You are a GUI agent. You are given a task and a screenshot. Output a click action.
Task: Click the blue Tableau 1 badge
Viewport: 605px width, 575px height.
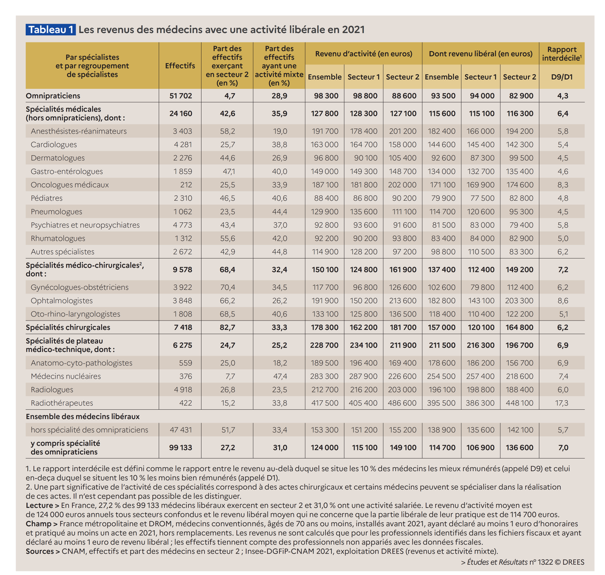point(50,30)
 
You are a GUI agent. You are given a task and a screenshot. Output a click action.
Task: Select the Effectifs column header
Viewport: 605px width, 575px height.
point(180,66)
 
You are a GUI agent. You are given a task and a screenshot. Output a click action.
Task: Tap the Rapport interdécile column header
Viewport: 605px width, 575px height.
point(562,54)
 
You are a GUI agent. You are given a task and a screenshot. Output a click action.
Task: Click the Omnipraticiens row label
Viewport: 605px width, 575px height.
point(53,95)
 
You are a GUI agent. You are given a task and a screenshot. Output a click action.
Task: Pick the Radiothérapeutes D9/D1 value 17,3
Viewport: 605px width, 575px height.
point(563,403)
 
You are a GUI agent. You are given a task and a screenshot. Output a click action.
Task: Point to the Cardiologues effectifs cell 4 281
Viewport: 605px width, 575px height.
point(183,144)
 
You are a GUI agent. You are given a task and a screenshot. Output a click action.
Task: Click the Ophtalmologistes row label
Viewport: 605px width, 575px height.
point(62,300)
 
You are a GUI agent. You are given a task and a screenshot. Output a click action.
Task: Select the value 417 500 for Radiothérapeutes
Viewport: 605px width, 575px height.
point(325,403)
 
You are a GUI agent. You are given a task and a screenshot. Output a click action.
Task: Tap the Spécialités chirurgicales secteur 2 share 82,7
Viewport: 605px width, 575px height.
point(227,327)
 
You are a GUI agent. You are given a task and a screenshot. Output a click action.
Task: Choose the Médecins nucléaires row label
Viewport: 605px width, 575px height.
point(66,376)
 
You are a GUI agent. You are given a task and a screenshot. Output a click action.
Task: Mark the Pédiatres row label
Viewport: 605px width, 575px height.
point(46,198)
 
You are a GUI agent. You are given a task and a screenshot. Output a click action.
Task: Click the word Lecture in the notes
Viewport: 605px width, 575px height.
point(39,505)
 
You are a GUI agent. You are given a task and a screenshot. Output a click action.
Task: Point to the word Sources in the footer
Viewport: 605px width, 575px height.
point(40,551)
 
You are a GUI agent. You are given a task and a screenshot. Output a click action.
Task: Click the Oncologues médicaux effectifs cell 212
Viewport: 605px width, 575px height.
point(186,185)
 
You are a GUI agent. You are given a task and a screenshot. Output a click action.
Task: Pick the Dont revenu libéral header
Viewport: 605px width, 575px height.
point(480,54)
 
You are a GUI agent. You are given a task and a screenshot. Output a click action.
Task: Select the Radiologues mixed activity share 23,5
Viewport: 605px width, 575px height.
point(279,390)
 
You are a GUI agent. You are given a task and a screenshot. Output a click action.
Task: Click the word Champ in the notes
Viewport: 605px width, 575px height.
point(38,524)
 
